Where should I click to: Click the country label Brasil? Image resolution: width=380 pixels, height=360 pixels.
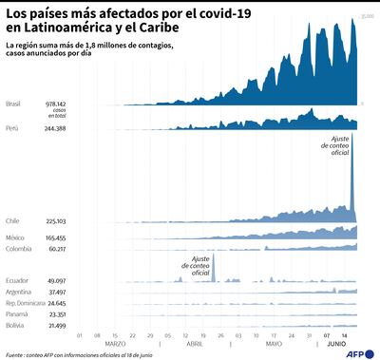point(14,103)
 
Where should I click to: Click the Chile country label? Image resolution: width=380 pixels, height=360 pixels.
point(12,220)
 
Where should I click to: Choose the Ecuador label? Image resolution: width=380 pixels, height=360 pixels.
point(16,281)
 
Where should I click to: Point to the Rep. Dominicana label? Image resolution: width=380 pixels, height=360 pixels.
point(26,303)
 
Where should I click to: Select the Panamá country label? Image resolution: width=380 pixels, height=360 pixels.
point(16,314)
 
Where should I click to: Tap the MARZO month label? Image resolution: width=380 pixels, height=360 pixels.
point(115,344)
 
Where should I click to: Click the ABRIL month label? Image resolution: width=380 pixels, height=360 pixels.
point(194,344)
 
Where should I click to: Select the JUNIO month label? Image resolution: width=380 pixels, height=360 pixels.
point(336,344)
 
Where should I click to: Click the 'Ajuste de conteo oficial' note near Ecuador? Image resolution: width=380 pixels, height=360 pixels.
point(200,266)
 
